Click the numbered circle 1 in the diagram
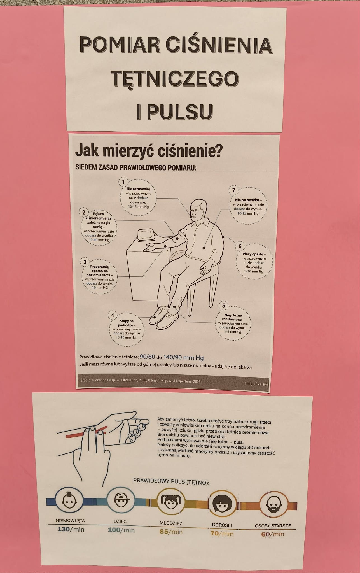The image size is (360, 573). (x=123, y=182)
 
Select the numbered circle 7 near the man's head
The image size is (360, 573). (x=234, y=191)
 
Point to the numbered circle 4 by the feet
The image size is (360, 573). (x=113, y=315)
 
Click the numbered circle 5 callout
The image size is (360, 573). (x=223, y=306)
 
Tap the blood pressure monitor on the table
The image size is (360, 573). (x=147, y=235)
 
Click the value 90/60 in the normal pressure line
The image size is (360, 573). (x=147, y=357)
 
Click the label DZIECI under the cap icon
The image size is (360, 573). (x=121, y=521)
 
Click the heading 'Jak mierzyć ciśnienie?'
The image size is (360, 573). (x=149, y=152)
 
